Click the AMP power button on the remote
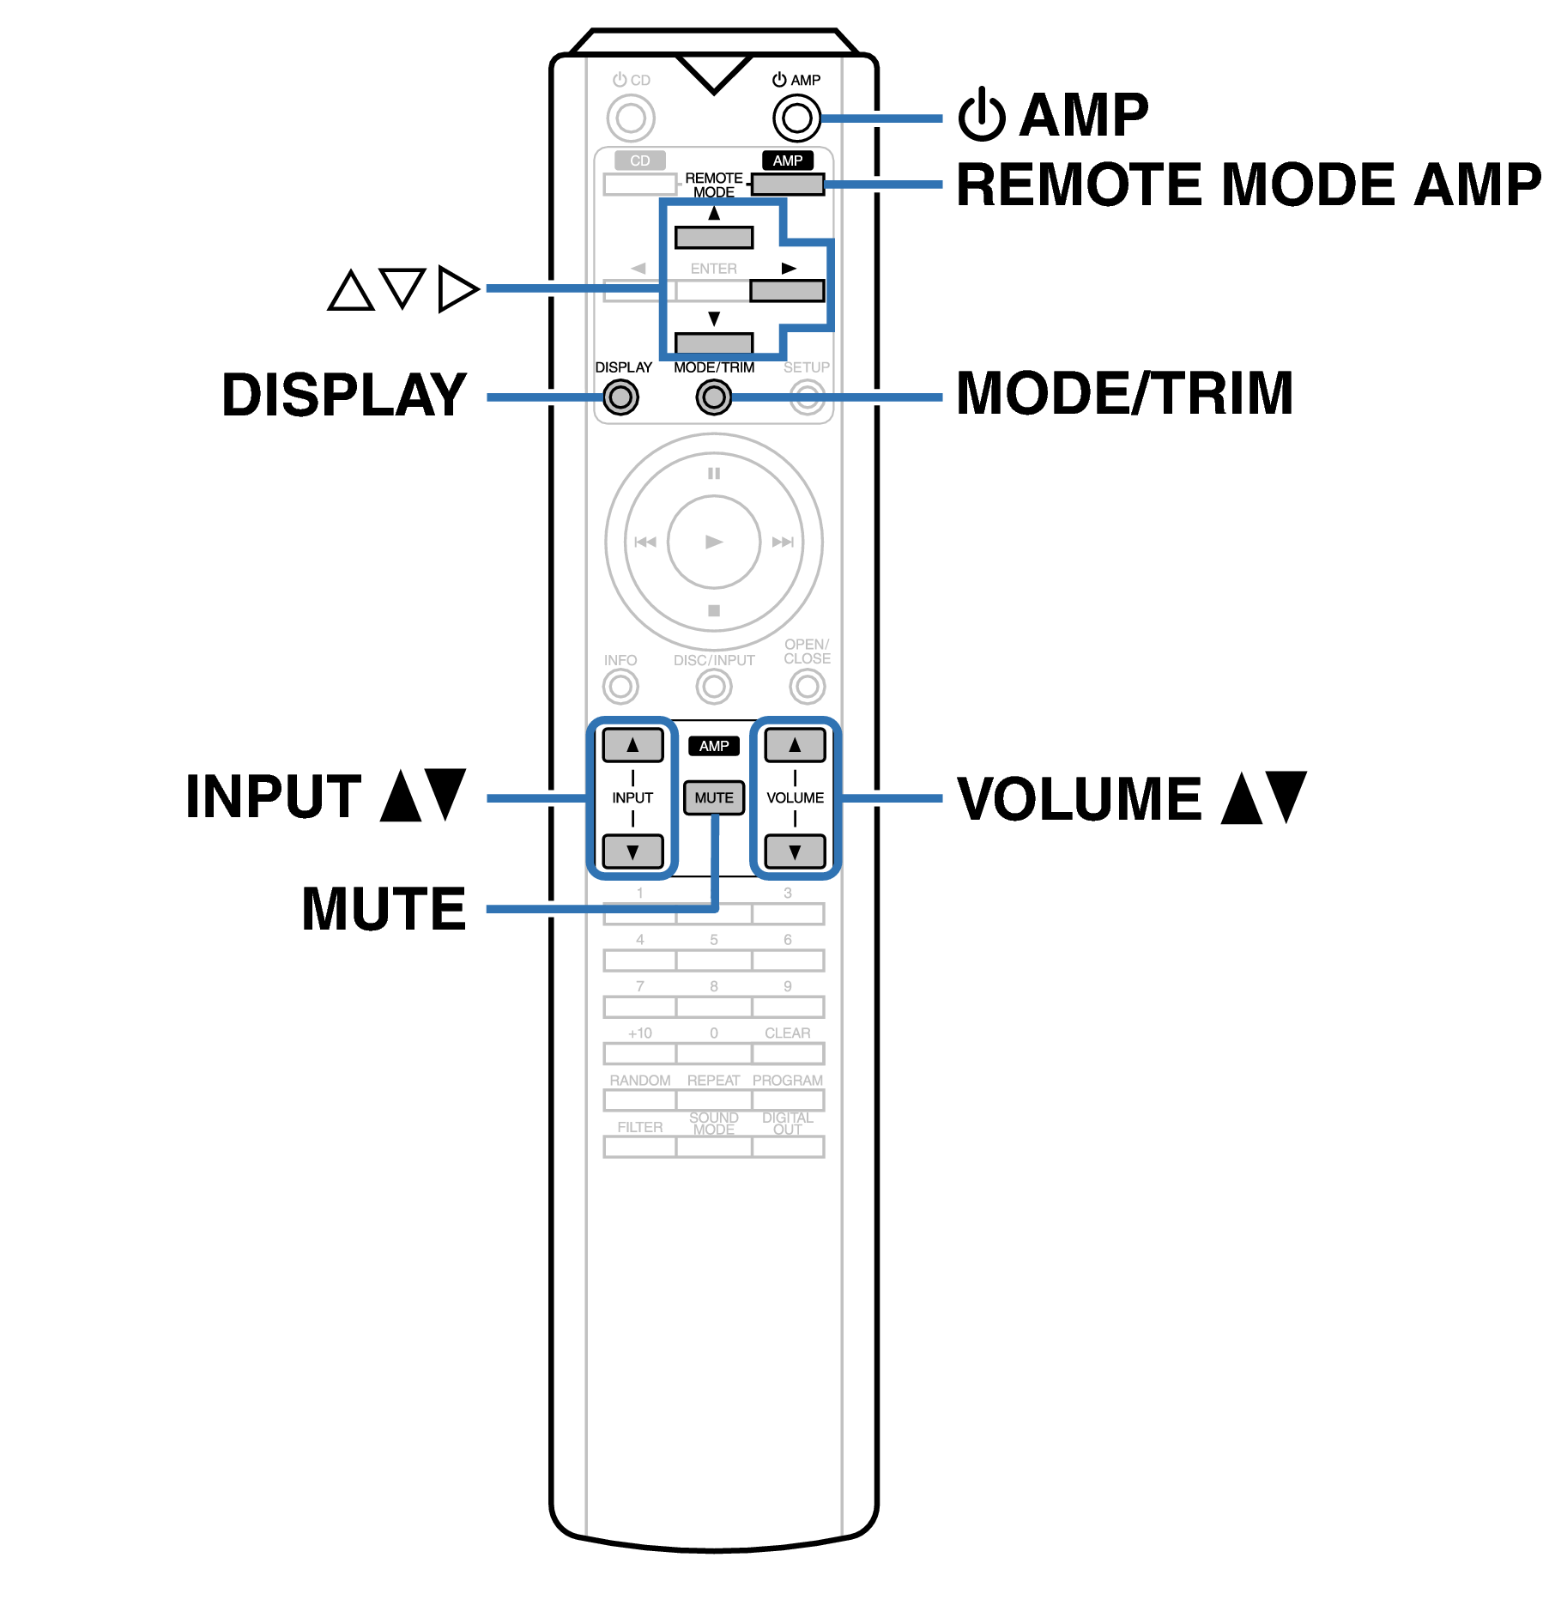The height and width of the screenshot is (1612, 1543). pyautogui.click(x=796, y=118)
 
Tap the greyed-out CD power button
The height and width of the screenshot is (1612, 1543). pyautogui.click(x=631, y=118)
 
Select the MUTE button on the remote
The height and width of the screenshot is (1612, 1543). pyautogui.click(x=713, y=797)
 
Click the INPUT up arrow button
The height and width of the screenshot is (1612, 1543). pyautogui.click(x=632, y=745)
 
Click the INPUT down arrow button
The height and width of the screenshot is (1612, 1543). pyautogui.click(x=632, y=851)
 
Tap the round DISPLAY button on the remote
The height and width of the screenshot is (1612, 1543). pyautogui.click(x=620, y=397)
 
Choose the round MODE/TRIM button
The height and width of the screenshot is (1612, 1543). pyautogui.click(x=713, y=397)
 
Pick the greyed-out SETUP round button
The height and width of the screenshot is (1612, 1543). pyautogui.click(x=807, y=397)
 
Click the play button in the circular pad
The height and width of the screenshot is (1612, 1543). pyautogui.click(x=713, y=542)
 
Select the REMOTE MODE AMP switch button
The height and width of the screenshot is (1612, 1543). pyautogui.click(x=787, y=184)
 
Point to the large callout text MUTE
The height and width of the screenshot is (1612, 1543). pyautogui.click(x=384, y=909)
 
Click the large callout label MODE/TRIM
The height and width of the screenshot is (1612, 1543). pyautogui.click(x=1124, y=394)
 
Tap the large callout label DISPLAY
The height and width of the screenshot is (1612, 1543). pyautogui.click(x=344, y=396)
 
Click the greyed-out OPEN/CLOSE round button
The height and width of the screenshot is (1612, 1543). pyautogui.click(x=807, y=687)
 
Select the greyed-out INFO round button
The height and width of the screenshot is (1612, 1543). pyautogui.click(x=620, y=687)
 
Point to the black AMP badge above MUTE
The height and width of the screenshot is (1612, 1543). pyautogui.click(x=713, y=746)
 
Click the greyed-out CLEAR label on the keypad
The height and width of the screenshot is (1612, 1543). pyautogui.click(x=787, y=1033)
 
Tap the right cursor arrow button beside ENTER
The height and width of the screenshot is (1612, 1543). pyautogui.click(x=787, y=291)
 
